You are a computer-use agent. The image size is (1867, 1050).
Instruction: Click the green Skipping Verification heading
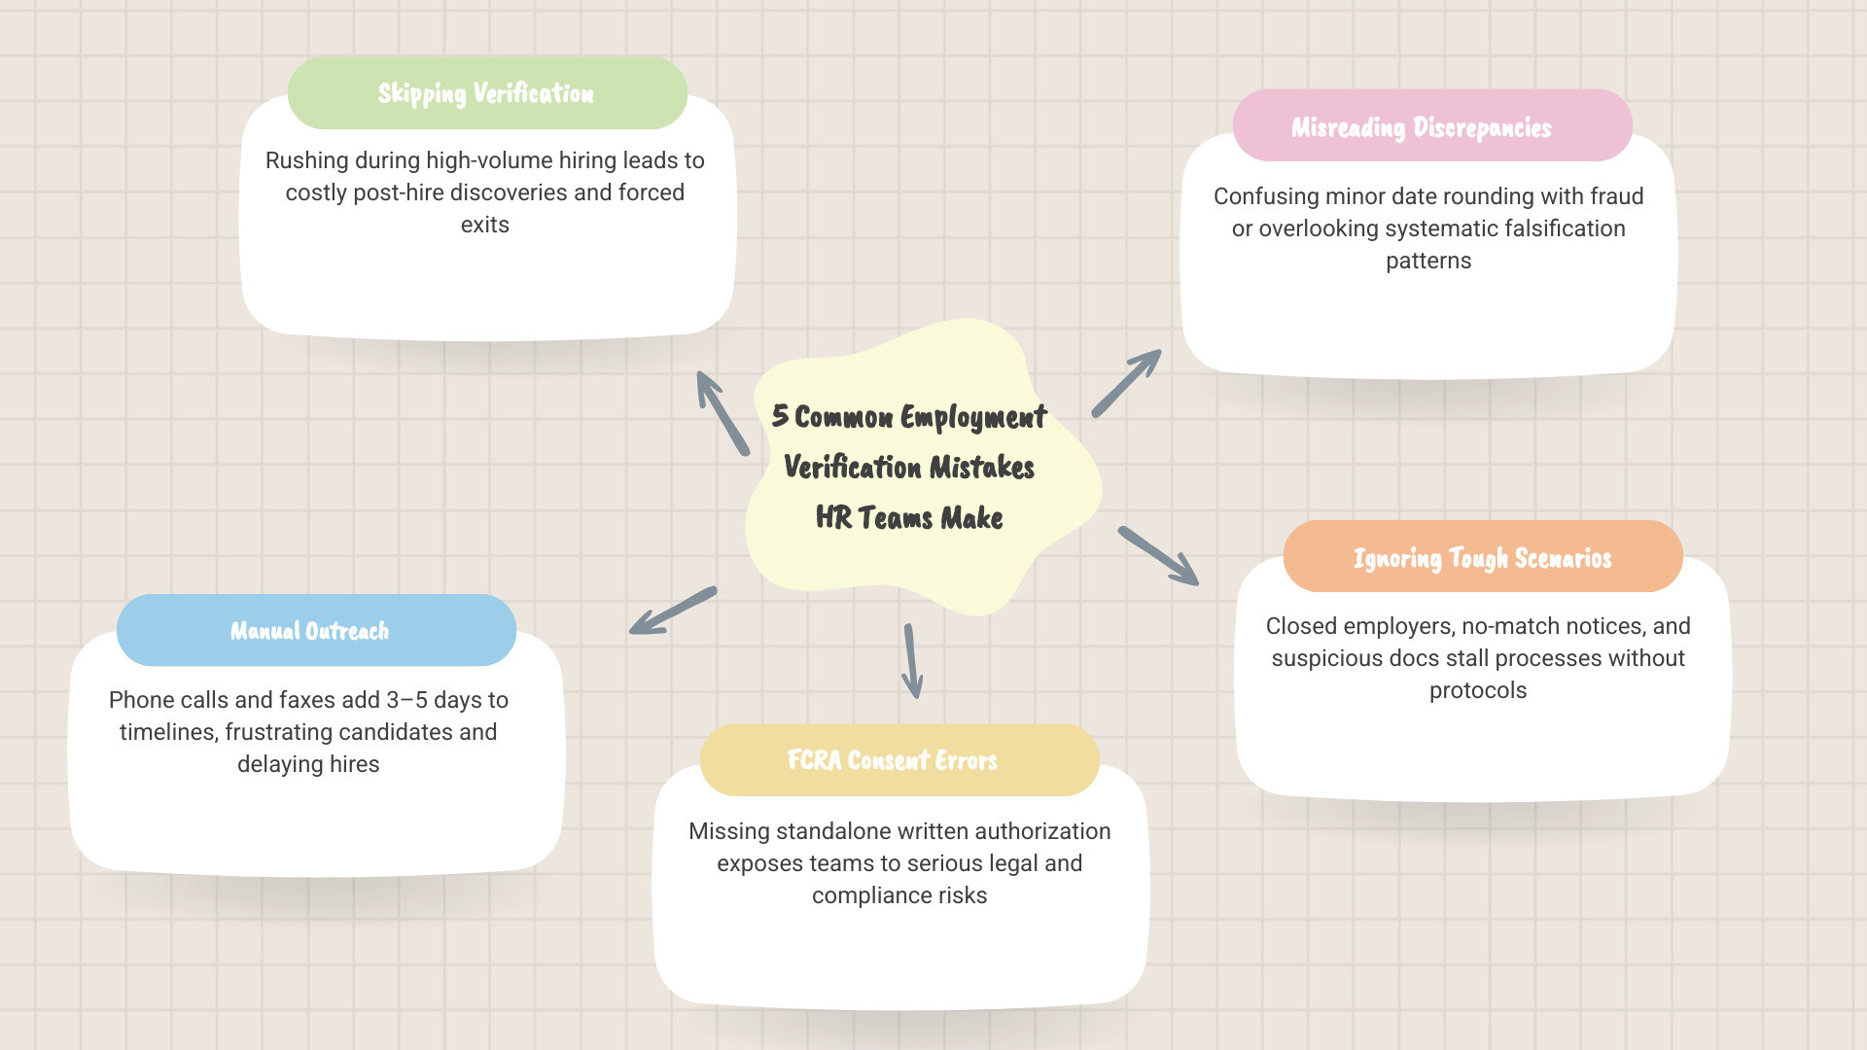coord(486,93)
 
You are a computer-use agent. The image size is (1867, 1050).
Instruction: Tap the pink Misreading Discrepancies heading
coord(1421,127)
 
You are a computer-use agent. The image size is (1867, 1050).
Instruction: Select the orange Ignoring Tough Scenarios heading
coord(1482,558)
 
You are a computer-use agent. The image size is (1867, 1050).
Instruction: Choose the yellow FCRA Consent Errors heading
coord(892,760)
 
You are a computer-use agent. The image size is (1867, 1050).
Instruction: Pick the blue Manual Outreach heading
coord(309,631)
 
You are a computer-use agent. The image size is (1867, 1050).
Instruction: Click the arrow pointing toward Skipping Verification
coord(722,412)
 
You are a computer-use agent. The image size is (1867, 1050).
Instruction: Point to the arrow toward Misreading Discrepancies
coord(1126,383)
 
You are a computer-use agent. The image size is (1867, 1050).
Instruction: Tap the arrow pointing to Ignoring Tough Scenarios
coord(1158,555)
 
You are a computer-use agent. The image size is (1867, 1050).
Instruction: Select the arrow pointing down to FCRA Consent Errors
coord(912,661)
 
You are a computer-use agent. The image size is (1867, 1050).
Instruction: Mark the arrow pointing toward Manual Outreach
coord(673,611)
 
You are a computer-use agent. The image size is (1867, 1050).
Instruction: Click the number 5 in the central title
coord(780,416)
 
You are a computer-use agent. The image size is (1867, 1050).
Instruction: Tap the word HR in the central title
coord(833,518)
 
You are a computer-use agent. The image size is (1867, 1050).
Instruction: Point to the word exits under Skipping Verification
coord(484,225)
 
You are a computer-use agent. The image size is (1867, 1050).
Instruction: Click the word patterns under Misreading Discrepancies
coord(1427,261)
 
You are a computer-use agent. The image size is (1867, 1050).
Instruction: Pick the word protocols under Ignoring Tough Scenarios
coord(1477,690)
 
